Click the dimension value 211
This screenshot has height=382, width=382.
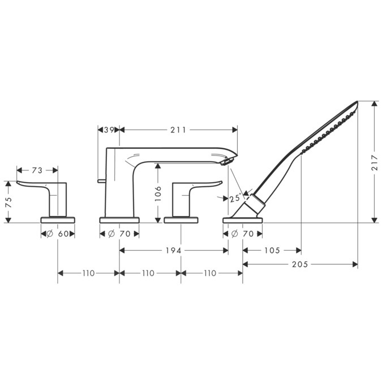click(x=178, y=130)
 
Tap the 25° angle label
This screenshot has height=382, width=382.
click(x=235, y=198)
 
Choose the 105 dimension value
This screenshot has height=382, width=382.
click(x=272, y=250)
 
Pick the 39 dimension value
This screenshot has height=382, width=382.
click(x=109, y=130)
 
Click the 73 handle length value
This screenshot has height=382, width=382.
click(x=37, y=170)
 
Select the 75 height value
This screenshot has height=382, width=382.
click(x=8, y=202)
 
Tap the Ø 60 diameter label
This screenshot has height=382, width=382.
click(x=58, y=234)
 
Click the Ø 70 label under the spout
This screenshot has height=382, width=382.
click(x=119, y=234)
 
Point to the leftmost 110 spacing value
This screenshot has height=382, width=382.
click(x=88, y=273)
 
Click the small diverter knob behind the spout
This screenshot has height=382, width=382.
click(x=100, y=181)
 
